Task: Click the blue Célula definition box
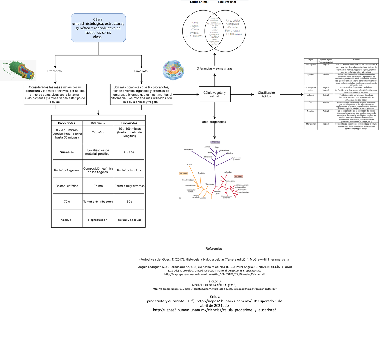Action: pos(98,28)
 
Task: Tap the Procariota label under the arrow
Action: pos(54,71)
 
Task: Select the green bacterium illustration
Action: pos(18,71)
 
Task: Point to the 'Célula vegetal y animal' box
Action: pos(214,95)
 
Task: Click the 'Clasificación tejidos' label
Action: pos(267,95)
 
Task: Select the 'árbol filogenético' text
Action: pos(214,122)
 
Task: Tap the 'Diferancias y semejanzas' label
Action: pos(214,69)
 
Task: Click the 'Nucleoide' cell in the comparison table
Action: pos(67,152)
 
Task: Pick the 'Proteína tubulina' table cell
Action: pos(129,170)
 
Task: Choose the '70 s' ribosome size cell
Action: pos(67,202)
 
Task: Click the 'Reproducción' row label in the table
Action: pos(98,220)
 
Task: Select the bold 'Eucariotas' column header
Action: pos(129,123)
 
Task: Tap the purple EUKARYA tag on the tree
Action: pos(215,142)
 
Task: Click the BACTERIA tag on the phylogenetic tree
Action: pos(184,174)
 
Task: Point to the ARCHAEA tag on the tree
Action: pos(238,176)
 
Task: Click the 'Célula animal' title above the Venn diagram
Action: pos(199,2)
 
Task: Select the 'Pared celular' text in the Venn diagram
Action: pos(233,21)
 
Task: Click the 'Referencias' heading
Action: pos(214,249)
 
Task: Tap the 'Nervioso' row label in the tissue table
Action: pos(311,111)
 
